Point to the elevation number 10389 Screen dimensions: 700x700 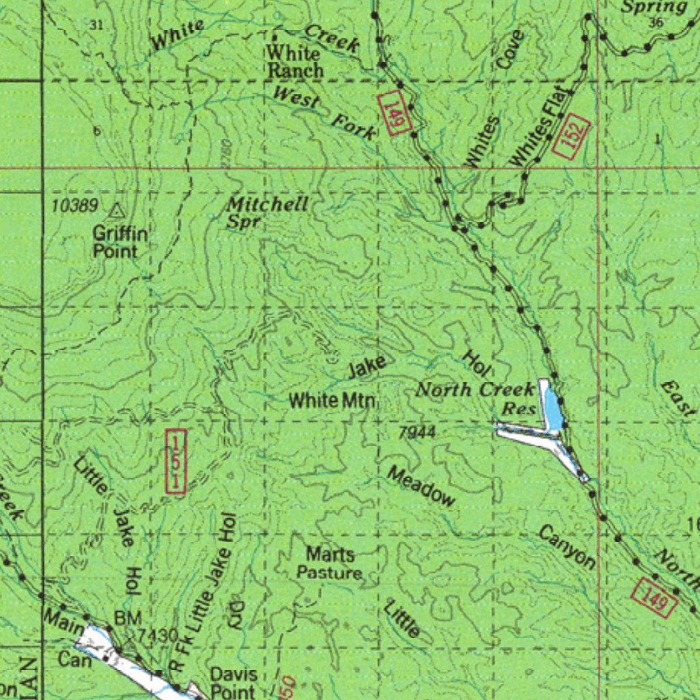coord(75,205)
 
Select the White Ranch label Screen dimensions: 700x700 coord(294,62)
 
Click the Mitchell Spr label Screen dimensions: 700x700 coord(267,212)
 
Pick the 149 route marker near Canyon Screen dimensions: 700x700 coord(655,597)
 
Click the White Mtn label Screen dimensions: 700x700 coord(332,401)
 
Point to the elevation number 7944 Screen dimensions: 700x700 coord(416,432)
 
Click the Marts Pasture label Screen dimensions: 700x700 coord(329,563)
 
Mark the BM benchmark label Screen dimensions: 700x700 coord(127,618)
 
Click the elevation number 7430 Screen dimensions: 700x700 coord(157,636)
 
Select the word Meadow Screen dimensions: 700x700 coord(421,486)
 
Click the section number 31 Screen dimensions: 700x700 coord(96,25)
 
